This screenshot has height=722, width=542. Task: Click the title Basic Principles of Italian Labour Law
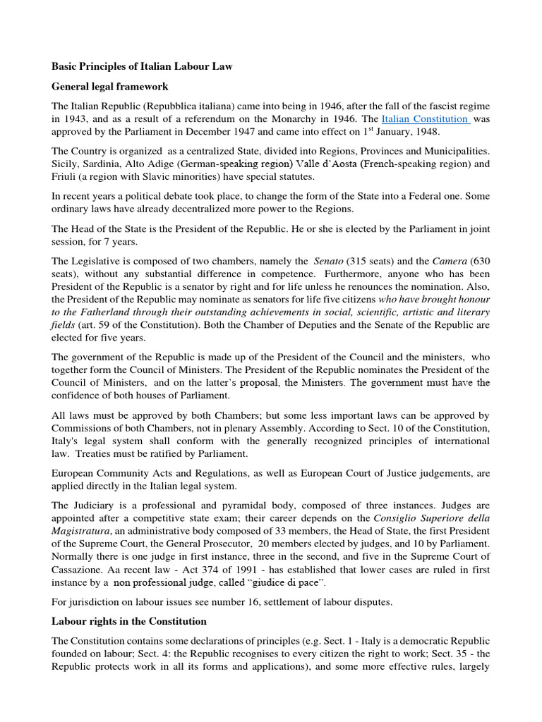tap(142, 66)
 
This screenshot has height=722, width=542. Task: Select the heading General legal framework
tap(109, 87)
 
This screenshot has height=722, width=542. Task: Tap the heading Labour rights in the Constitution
tap(128, 621)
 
